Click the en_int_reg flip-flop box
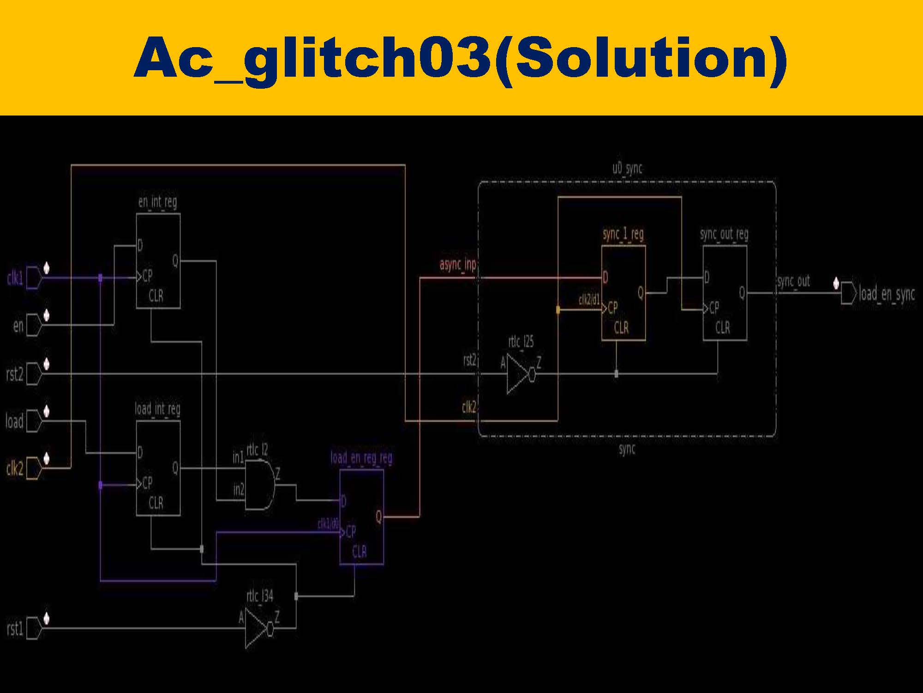click(158, 261)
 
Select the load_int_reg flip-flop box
click(158, 468)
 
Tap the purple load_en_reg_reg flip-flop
click(361, 517)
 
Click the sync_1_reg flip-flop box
click(623, 293)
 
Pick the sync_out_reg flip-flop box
click(725, 293)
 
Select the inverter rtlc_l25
click(520, 374)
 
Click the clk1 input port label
click(14, 279)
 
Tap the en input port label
click(18, 326)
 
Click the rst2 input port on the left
click(14, 374)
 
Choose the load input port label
click(14, 421)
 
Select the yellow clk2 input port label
click(14, 469)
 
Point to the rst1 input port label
click(14, 629)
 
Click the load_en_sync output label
click(886, 294)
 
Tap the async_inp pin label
click(457, 265)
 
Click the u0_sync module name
click(627, 169)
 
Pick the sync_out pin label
click(793, 281)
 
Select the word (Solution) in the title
click(641, 58)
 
